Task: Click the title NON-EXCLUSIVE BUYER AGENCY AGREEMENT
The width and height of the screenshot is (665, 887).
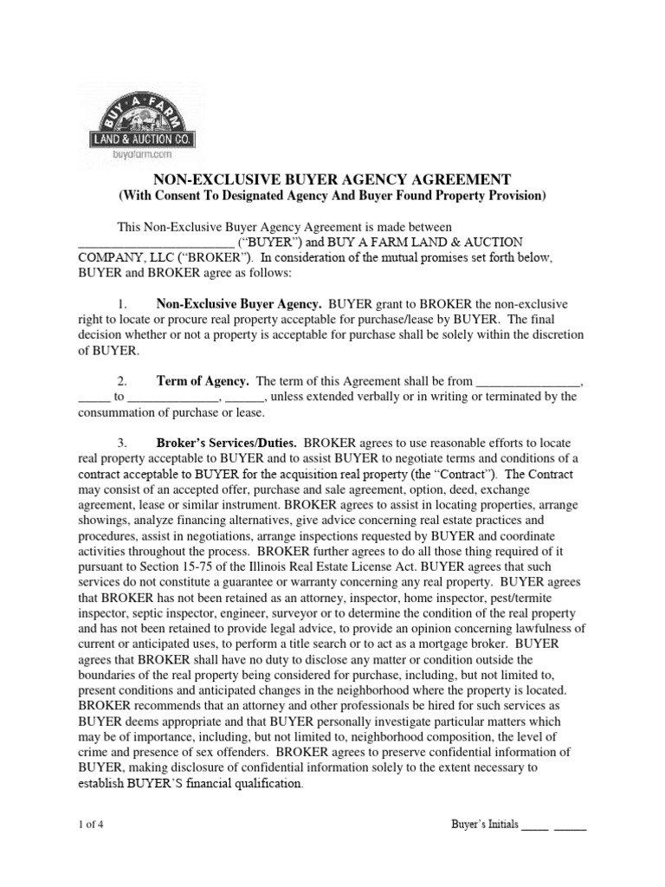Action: (332, 179)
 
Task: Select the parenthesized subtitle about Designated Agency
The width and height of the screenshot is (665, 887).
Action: (332, 197)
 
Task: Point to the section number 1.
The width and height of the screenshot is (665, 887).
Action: (123, 304)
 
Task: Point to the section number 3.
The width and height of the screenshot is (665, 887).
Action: (123, 442)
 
